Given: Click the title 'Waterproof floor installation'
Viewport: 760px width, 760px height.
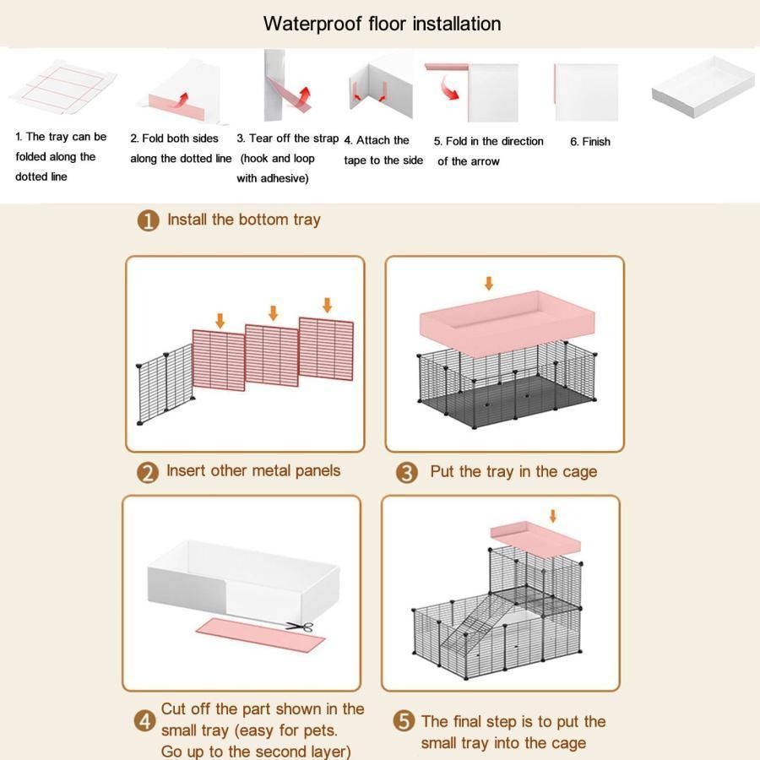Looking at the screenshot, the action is (382, 24).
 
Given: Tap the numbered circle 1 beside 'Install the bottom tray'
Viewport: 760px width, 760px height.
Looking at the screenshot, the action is (149, 220).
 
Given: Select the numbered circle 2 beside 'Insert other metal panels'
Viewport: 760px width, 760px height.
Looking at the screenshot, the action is (148, 473).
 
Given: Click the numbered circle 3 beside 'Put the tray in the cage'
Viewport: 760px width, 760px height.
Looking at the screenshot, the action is (407, 473).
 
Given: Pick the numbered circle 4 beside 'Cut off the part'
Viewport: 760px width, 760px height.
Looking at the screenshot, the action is (145, 721).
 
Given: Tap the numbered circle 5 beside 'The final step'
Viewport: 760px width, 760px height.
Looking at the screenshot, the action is (404, 721).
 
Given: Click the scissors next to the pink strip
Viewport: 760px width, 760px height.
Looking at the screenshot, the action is (300, 627).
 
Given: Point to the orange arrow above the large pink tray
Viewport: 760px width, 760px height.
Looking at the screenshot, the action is (489, 283).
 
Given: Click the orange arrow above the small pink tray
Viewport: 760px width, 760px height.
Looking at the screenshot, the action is (552, 516).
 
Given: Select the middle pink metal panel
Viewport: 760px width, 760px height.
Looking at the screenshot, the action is (271, 356).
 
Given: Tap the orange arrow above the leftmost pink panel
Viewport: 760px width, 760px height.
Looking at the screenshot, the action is (220, 320).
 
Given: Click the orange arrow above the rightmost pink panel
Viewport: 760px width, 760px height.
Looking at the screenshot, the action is (327, 305).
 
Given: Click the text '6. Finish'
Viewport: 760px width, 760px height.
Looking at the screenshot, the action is (590, 142).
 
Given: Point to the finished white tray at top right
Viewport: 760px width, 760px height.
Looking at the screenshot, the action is (703, 86).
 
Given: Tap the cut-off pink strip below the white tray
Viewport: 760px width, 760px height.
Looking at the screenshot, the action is (260, 634).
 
